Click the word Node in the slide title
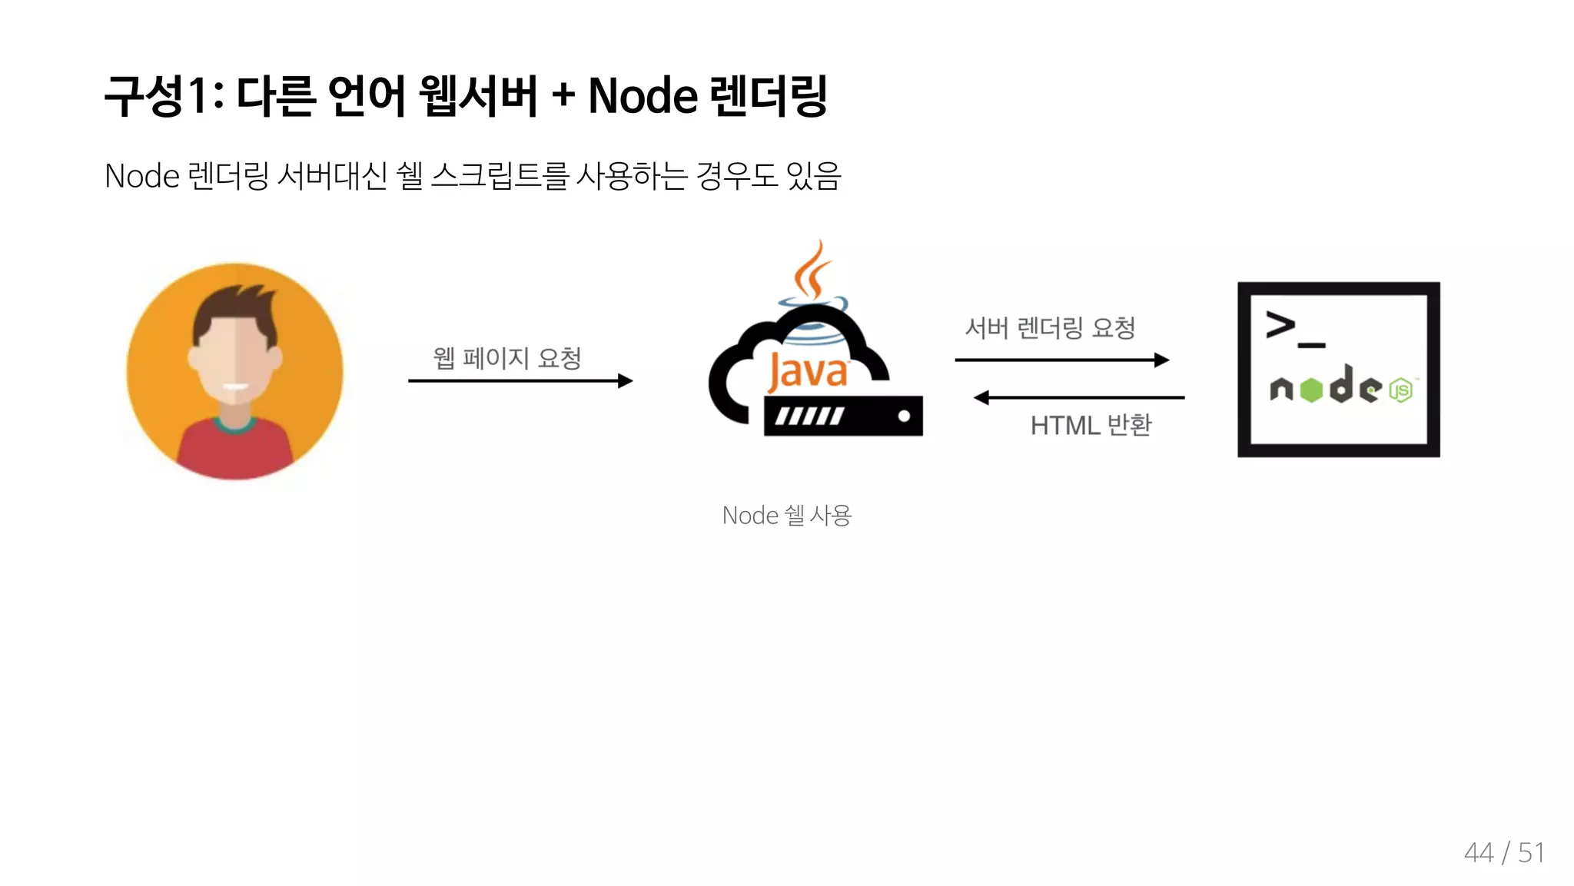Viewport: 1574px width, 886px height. pyautogui.click(x=643, y=97)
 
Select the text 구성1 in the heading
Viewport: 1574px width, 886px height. pyautogui.click(x=155, y=97)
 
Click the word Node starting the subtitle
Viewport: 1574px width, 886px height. pyautogui.click(x=142, y=176)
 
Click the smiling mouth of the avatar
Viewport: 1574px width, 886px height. pyautogui.click(x=235, y=387)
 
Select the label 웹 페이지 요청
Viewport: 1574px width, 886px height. pyautogui.click(x=507, y=358)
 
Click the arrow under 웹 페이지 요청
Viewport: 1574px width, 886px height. pyautogui.click(x=520, y=380)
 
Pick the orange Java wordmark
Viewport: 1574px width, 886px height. pyautogui.click(x=808, y=372)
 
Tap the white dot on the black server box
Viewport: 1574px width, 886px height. pyautogui.click(x=904, y=416)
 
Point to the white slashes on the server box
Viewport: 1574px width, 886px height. pyautogui.click(x=809, y=416)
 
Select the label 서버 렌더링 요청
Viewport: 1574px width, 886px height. pyautogui.click(x=1050, y=328)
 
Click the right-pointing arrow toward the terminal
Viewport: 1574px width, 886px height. pyautogui.click(x=1061, y=360)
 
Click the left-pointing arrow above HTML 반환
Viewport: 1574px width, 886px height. pyautogui.click(x=1079, y=397)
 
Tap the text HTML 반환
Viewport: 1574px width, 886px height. pyautogui.click(x=1091, y=425)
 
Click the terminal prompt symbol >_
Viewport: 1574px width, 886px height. pyautogui.click(x=1293, y=329)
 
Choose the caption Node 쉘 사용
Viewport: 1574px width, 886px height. pyautogui.click(x=787, y=515)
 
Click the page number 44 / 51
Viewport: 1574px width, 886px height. pyautogui.click(x=1504, y=852)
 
